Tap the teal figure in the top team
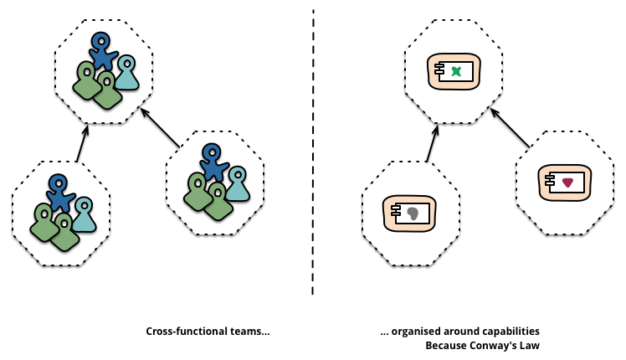(126, 74)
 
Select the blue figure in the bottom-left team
(59, 192)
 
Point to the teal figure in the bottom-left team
(83, 215)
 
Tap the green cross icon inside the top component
(456, 73)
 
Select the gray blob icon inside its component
(413, 213)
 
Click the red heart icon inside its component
(567, 182)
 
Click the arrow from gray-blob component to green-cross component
(432, 142)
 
